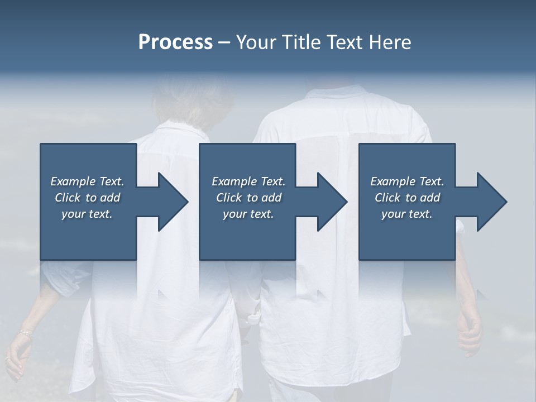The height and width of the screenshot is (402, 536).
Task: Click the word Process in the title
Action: (175, 42)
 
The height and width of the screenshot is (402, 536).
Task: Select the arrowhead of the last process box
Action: (491, 202)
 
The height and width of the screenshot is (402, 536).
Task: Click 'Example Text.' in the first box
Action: (87, 181)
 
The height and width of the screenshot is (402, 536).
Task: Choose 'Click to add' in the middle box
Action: (248, 198)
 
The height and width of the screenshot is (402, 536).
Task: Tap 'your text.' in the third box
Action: (407, 214)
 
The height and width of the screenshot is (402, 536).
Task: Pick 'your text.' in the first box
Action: (87, 214)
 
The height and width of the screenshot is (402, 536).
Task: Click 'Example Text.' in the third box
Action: (407, 181)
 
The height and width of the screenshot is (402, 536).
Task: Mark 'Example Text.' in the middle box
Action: (248, 181)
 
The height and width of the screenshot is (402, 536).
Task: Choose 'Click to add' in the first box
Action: (87, 198)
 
